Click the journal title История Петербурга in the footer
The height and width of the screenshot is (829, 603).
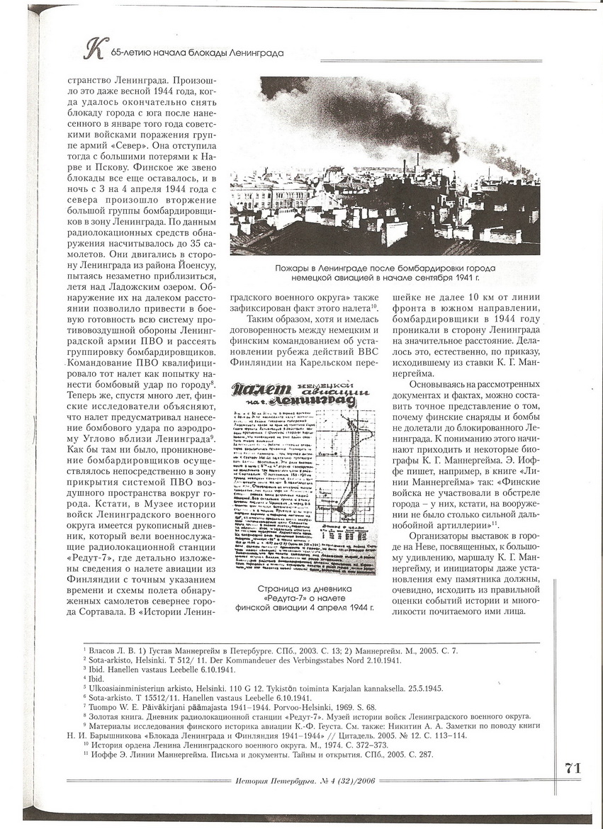tap(269, 781)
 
